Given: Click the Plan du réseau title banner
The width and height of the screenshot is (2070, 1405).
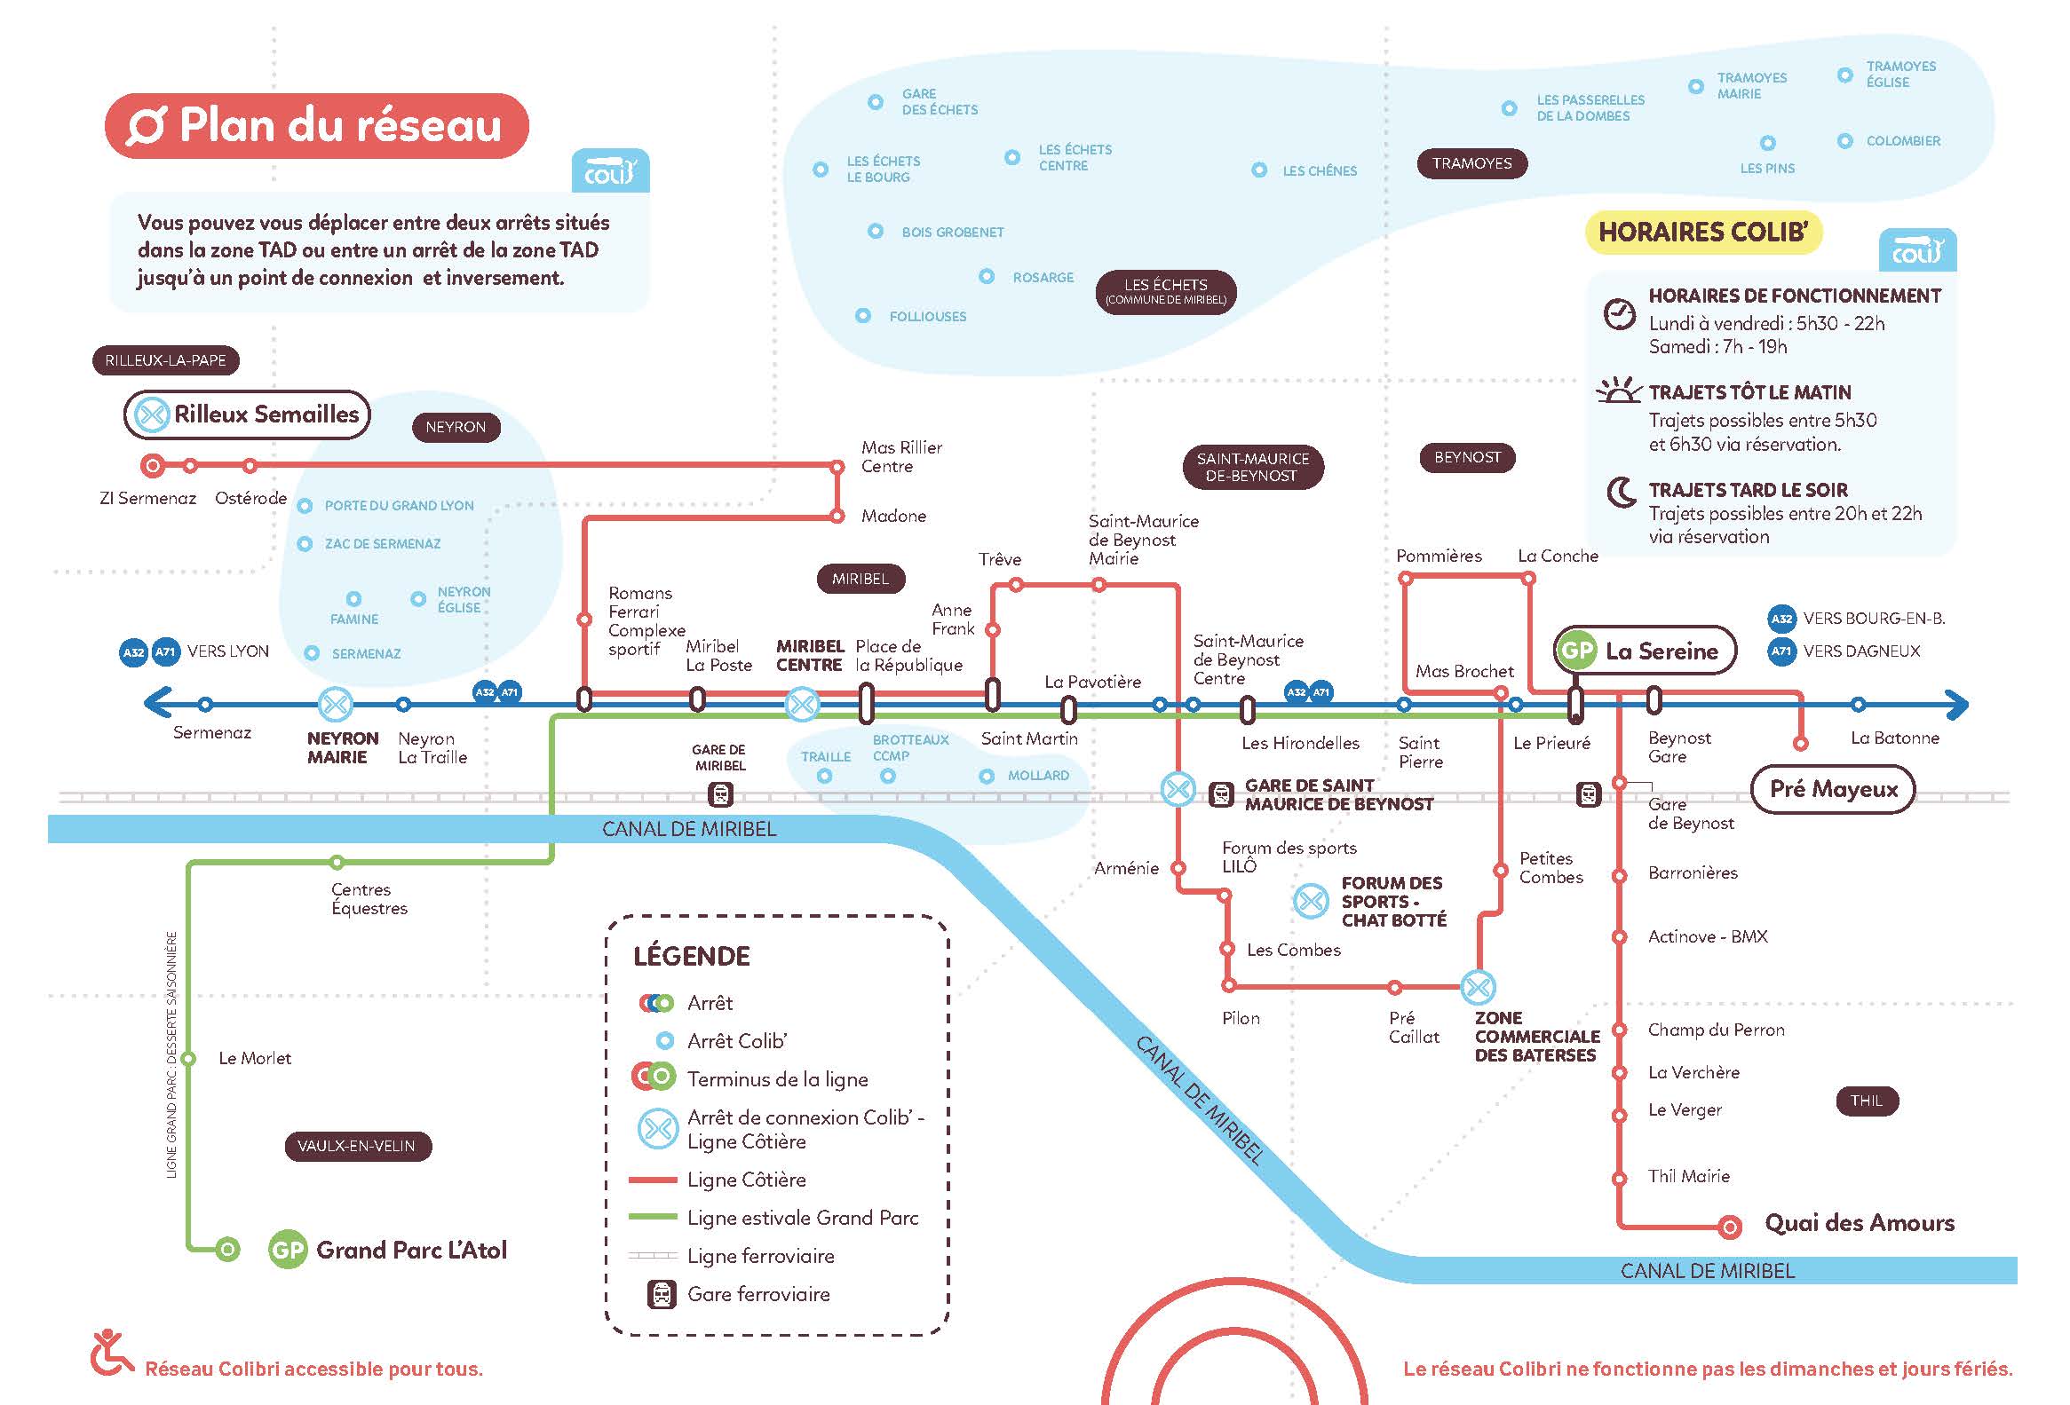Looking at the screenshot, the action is [317, 125].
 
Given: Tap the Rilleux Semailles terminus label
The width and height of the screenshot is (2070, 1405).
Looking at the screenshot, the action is [247, 414].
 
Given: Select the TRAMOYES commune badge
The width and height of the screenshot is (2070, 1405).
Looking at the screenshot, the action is [1471, 163].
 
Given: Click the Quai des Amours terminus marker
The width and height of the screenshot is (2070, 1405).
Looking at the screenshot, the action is [1729, 1227].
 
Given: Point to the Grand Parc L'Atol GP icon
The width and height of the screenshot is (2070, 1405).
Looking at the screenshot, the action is [287, 1250].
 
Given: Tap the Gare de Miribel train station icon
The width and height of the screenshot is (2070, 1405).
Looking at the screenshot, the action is [720, 793].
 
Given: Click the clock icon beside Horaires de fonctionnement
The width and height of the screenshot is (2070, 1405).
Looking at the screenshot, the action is [1619, 313].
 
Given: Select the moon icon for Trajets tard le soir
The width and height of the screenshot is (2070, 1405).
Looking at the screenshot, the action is [1621, 493].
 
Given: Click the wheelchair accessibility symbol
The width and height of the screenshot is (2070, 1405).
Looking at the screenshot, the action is [110, 1354].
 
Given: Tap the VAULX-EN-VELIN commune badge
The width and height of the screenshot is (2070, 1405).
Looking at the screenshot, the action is [357, 1146].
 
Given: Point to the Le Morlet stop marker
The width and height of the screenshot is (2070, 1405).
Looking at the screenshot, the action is [188, 1059].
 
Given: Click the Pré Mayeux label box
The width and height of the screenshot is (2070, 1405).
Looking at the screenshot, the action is [1833, 789].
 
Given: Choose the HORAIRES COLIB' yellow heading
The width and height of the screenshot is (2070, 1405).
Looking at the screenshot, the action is [1703, 233].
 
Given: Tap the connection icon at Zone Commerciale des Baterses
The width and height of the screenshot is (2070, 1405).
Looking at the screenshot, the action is [1479, 987].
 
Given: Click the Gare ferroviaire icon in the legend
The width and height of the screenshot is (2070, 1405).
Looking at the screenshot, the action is [661, 1294].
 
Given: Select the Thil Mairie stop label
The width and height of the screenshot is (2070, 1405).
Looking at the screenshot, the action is [1689, 1176].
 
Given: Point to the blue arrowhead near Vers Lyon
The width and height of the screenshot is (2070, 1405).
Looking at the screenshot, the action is [157, 704].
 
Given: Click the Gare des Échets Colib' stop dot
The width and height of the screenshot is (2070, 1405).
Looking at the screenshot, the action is [876, 102].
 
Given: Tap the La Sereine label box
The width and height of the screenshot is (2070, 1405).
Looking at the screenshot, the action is [1646, 651].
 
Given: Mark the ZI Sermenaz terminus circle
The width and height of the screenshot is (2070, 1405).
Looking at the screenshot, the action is [153, 465].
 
